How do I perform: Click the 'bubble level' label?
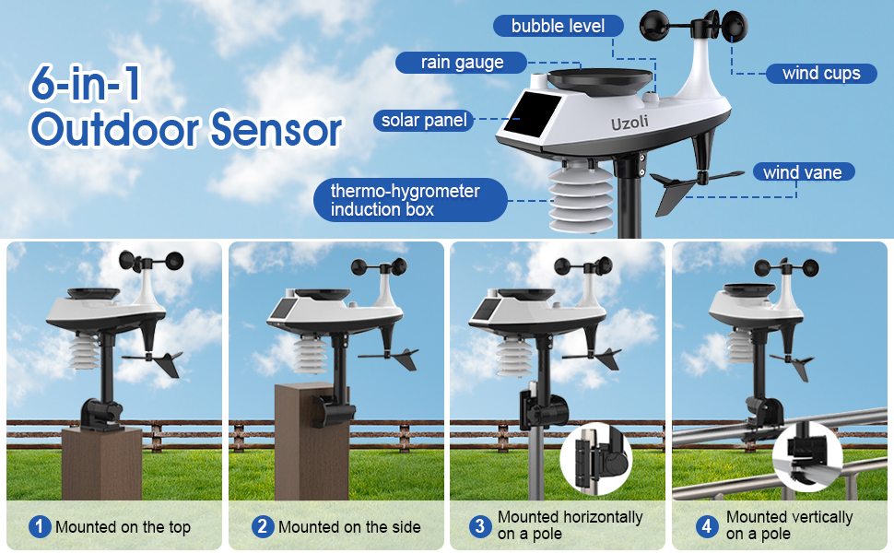coord(559,26)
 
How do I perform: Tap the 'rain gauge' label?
coord(462,63)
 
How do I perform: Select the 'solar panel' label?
coord(424,120)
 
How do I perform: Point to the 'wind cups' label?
coord(821,74)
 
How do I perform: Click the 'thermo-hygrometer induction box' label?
coord(406,201)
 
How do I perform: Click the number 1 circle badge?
coord(40,527)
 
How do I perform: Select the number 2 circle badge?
coord(263,527)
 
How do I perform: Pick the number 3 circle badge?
coord(479,526)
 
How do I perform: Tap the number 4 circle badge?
coord(708,526)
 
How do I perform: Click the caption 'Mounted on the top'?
coord(123,527)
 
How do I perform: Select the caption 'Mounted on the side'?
coord(349,527)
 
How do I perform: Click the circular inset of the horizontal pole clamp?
coord(596,458)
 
